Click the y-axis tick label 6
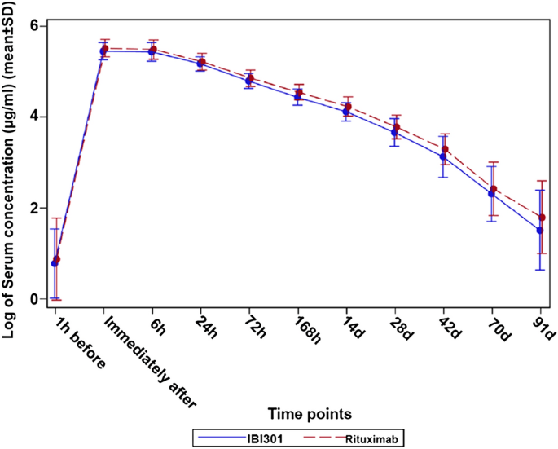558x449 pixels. click(35, 25)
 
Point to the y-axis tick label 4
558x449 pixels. click(35, 117)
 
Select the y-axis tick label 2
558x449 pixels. click(35, 208)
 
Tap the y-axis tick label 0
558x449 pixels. click(35, 299)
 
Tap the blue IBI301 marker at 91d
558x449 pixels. click(540, 231)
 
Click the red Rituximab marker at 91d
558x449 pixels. click(543, 218)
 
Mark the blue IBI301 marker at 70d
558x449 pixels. click(491, 193)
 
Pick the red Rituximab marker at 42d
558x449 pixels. click(445, 149)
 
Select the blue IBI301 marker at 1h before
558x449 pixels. click(54, 263)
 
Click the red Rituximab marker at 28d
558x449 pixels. click(397, 127)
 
